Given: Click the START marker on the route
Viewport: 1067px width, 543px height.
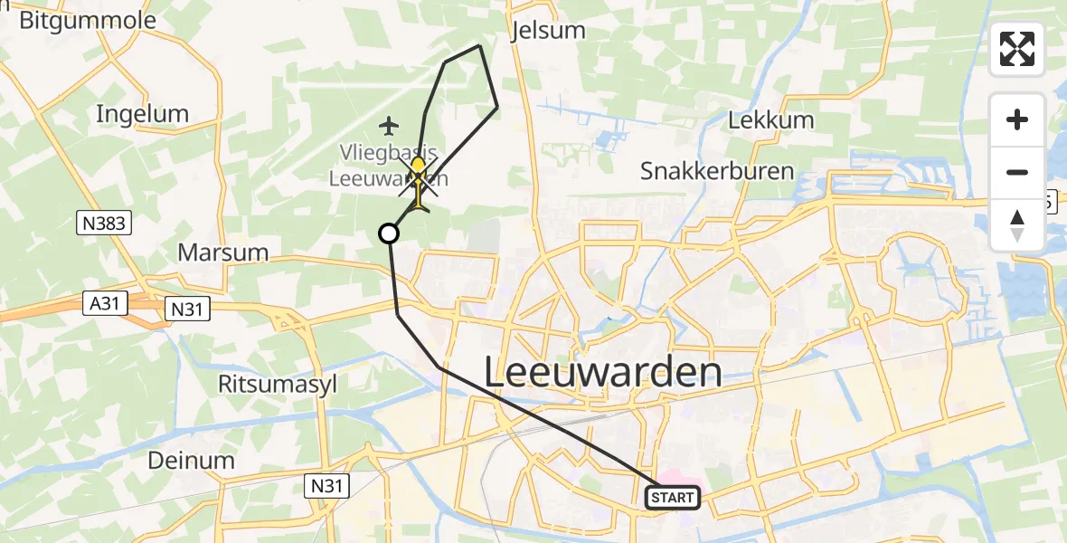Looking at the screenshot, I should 673,497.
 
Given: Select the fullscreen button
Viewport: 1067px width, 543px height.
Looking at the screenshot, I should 1017,49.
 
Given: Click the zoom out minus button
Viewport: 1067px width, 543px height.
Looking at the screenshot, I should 1017,172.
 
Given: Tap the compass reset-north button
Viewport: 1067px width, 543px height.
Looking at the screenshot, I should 1017,224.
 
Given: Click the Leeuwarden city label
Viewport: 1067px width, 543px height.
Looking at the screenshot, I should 604,372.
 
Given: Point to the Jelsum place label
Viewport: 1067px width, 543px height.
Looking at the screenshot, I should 548,30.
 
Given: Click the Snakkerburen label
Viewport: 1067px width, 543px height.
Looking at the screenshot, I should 717,170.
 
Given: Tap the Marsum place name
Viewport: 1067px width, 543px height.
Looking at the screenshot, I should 223,252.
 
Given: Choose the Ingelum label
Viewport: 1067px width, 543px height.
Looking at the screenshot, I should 142,114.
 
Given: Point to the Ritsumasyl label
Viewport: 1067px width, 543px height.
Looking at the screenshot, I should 278,384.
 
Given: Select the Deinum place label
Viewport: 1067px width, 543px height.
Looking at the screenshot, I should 192,460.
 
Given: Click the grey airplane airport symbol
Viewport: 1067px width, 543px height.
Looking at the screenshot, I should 390,123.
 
